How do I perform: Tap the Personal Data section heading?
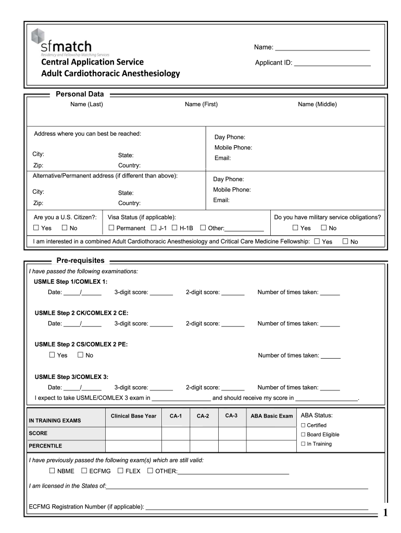coord(80,94)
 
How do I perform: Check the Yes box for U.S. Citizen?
coord(36,227)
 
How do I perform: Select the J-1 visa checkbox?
coord(153,227)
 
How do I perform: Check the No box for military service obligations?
coord(323,227)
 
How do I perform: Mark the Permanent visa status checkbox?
coord(111,227)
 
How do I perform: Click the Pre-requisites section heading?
coord(80,260)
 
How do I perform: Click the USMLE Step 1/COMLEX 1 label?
coord(71,282)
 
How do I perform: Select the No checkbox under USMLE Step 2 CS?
coord(80,355)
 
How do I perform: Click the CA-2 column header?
coord(203,416)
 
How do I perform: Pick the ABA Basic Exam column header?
coord(271,416)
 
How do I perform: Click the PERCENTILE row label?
coord(45,446)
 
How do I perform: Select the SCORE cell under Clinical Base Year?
coord(133,433)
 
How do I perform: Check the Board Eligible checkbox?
coord(303,435)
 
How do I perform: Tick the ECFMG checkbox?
coord(84,471)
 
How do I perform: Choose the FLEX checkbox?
coord(120,471)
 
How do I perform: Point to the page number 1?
coord(385,513)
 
